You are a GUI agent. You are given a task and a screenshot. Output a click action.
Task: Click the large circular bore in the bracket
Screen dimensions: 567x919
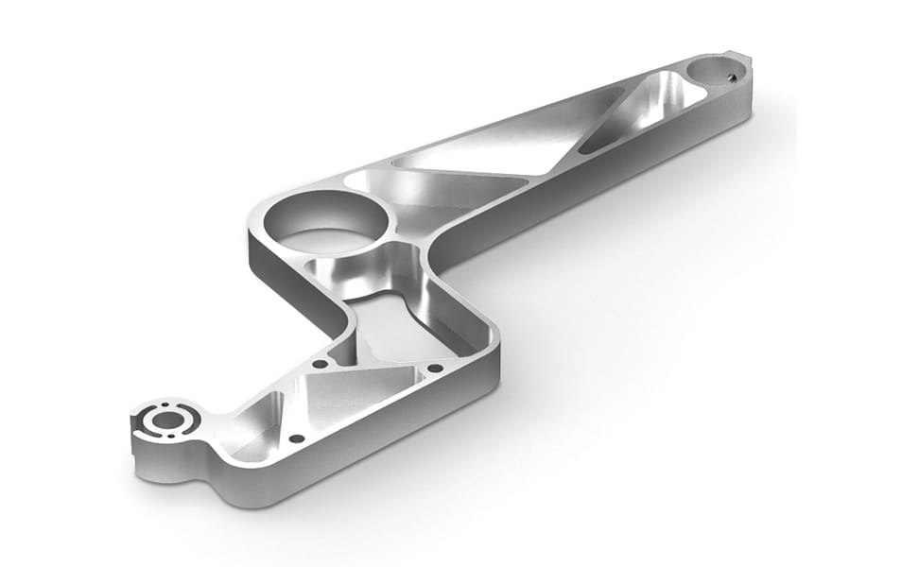coord(326,223)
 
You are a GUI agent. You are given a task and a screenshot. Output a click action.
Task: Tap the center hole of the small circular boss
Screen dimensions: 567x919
coord(167,419)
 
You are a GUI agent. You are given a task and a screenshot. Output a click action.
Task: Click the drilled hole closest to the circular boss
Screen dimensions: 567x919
coord(296,438)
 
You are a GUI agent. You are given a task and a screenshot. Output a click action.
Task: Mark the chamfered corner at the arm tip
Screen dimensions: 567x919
coord(747,61)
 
